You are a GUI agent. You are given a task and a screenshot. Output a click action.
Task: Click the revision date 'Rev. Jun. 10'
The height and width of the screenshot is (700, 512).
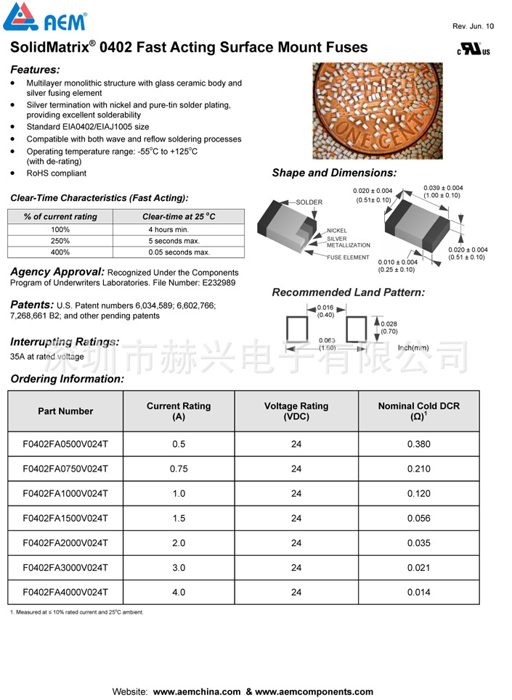473,26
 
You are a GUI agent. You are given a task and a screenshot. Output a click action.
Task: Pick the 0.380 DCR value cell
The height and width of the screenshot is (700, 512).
418,444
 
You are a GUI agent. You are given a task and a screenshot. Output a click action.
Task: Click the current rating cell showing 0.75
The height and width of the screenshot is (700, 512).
179,469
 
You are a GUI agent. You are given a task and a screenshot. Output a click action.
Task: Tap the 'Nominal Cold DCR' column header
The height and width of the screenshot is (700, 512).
418,411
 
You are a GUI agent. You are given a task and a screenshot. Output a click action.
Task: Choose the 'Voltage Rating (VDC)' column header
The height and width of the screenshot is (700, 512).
296,411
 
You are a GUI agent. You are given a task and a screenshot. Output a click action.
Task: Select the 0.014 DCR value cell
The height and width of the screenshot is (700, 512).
418,592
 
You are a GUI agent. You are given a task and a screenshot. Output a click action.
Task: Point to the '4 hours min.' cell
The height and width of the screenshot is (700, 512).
168,229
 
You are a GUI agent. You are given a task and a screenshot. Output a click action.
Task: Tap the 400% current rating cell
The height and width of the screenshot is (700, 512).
60,252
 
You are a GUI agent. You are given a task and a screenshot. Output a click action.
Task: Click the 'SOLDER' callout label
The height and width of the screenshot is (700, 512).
309,202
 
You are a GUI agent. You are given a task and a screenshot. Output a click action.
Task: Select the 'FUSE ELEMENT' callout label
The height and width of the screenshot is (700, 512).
348,258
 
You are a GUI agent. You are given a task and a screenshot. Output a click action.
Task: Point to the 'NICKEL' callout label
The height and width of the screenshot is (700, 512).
336,231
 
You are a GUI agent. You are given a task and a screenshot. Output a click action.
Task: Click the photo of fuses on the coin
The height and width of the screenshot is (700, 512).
377,111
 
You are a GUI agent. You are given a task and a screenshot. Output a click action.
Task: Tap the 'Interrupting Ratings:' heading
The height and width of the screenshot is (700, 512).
65,342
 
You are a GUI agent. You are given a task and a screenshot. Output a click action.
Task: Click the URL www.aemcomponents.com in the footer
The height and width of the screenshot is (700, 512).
314,692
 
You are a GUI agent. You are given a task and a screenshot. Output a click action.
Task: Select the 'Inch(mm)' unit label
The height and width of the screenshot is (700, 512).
413,347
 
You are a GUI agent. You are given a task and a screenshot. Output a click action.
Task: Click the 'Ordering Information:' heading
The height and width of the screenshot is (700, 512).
67,379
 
